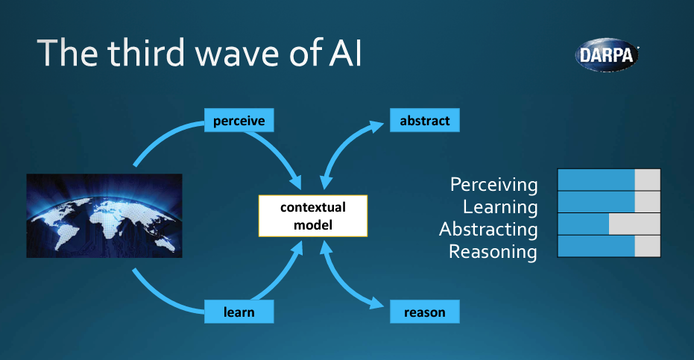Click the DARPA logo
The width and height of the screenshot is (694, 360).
607,54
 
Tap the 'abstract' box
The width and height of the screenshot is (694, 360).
424,119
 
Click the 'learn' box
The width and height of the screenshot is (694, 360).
239,312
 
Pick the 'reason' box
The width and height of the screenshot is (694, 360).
424,312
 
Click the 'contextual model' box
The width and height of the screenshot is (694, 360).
313,215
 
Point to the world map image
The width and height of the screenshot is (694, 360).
104,215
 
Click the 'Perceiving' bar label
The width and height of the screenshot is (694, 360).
493,184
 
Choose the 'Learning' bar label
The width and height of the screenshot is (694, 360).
499,206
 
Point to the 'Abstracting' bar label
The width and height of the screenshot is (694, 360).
488,229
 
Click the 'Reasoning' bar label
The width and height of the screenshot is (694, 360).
493,252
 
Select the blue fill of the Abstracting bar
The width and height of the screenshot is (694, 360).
583,224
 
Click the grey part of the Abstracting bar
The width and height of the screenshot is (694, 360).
634,224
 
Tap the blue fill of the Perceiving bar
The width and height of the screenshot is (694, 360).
596,180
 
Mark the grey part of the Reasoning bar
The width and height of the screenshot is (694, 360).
647,247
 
